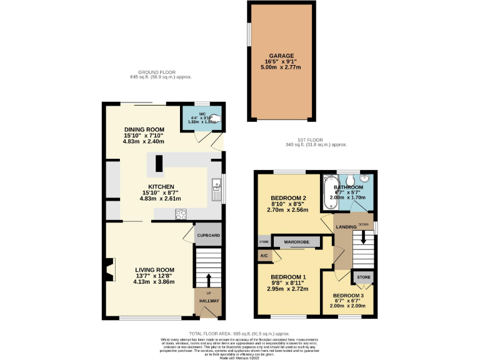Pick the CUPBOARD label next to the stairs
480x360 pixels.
click(x=208, y=236)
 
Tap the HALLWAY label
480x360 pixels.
click(x=209, y=301)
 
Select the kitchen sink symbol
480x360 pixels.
click(x=216, y=187)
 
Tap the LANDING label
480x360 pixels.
click(x=346, y=226)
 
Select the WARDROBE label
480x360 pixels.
click(x=297, y=241)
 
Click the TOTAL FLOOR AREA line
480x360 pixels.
click(x=239, y=334)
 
